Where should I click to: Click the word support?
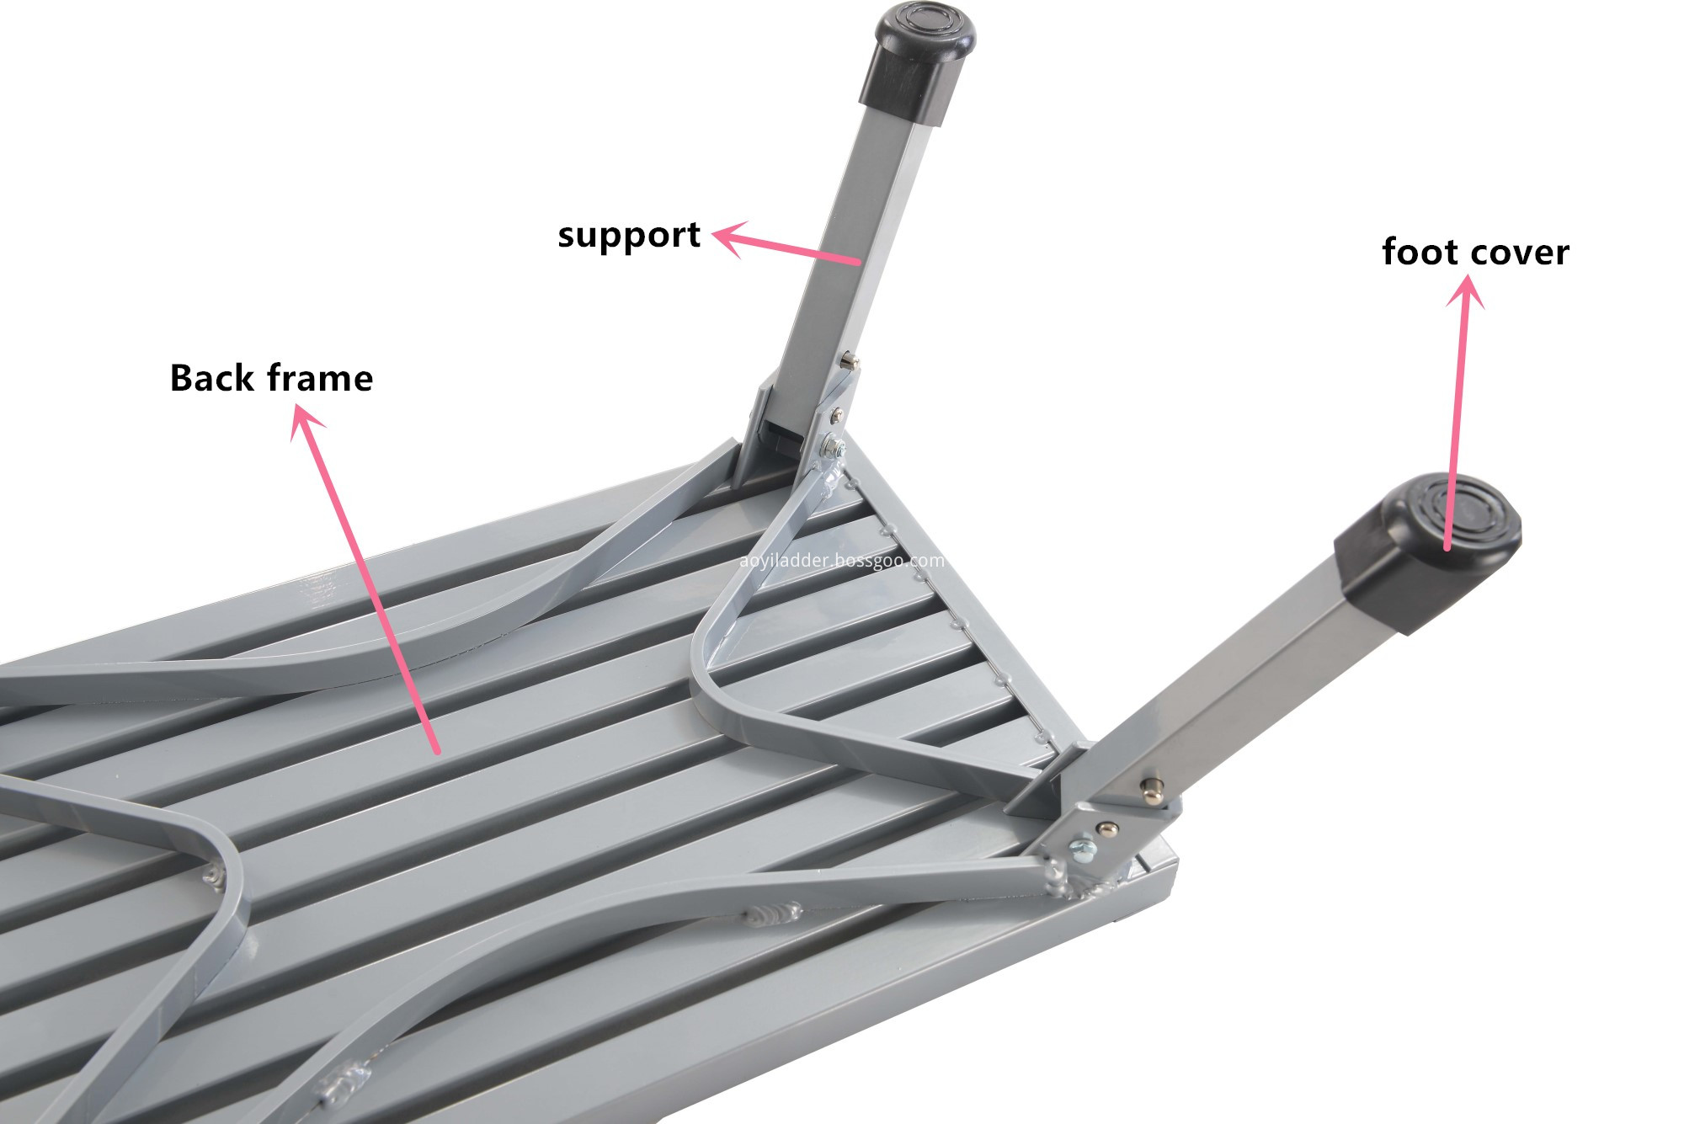point(629,236)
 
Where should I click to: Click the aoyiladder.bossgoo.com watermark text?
point(841,561)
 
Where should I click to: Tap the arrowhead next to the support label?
point(726,237)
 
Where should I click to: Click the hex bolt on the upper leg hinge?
point(834,445)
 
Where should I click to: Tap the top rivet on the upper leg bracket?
point(850,362)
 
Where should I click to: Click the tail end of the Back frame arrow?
point(436,750)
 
